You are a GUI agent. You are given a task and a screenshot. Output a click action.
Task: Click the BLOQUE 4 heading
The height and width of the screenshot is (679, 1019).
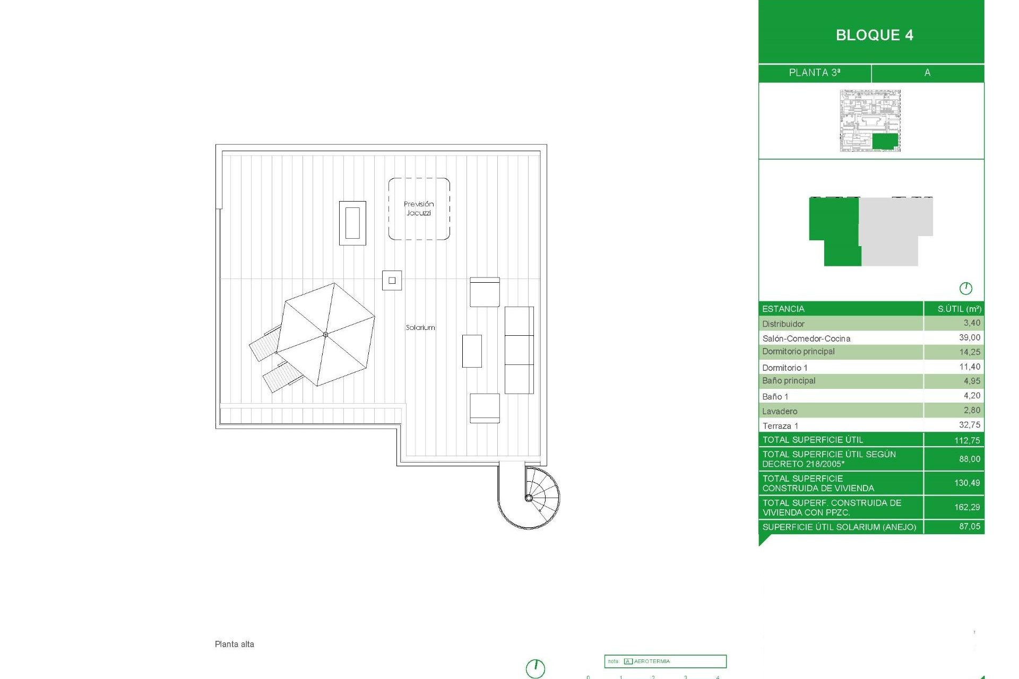tap(874, 35)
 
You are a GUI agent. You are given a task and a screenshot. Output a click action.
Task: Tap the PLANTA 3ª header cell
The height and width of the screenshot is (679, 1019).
tap(815, 73)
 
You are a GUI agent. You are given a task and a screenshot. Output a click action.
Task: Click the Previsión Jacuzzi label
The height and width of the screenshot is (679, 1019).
tap(419, 208)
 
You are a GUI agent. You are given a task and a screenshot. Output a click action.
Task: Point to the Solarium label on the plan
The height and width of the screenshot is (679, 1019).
tap(420, 328)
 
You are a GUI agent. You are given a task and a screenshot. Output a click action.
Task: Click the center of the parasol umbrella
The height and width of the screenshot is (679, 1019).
tap(325, 334)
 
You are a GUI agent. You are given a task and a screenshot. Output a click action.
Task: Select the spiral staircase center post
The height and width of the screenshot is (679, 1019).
tap(529, 498)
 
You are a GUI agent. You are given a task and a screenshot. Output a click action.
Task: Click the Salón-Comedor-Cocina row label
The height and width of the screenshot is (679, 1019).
tap(806, 338)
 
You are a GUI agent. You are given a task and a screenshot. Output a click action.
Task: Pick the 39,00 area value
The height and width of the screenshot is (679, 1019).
tap(969, 338)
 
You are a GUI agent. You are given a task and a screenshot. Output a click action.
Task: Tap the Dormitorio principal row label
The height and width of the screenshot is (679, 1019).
tap(798, 352)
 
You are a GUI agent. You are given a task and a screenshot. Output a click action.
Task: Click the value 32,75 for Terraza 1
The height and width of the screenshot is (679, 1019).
tap(969, 425)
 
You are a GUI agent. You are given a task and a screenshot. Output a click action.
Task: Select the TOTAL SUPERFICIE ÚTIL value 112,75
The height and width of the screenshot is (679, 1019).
tap(966, 440)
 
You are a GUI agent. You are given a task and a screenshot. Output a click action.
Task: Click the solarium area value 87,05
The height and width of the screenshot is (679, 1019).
tap(969, 526)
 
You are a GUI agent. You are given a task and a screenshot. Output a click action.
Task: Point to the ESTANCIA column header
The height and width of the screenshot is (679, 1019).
tap(783, 309)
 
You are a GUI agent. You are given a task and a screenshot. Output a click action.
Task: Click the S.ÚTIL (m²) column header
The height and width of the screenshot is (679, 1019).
tap(959, 309)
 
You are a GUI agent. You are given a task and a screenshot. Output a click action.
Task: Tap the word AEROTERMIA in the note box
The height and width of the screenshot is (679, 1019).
tap(652, 661)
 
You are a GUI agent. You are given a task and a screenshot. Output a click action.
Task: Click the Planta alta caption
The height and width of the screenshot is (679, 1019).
tap(235, 644)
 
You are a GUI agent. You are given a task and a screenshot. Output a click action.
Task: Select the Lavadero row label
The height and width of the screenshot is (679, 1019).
tap(780, 411)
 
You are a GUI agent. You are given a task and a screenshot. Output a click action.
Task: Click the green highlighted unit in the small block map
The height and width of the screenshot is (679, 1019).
tap(885, 141)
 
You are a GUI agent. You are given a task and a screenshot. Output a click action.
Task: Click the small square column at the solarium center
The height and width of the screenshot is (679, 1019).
tap(392, 280)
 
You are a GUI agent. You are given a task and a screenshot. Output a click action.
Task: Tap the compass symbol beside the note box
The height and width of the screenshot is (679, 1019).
tap(536, 668)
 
